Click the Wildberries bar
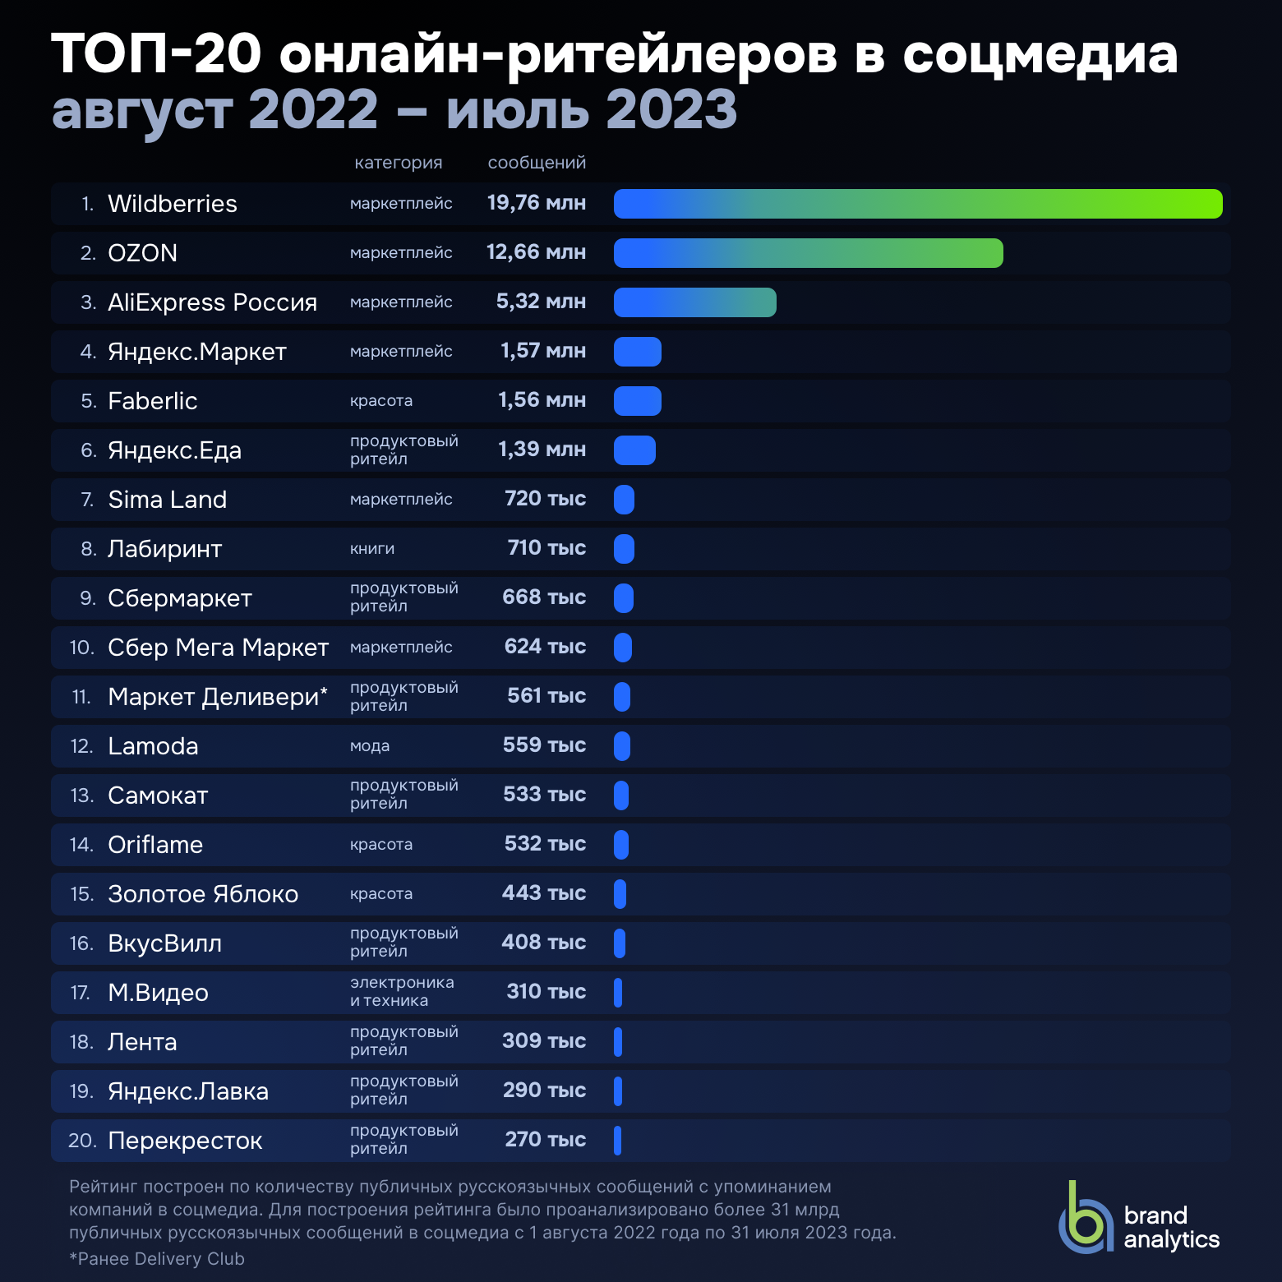pos(917,204)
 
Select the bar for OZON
pos(808,253)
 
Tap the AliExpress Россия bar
pos(694,302)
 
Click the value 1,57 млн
pos(542,351)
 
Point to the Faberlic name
pos(153,401)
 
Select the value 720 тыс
pos(545,499)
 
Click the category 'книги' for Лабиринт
pos(372,549)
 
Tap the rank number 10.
pos(81,648)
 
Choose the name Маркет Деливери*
pos(218,697)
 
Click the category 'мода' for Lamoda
pos(370,746)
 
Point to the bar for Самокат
pos(621,795)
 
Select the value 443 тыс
pos(543,893)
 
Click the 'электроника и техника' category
pos(401,992)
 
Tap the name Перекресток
pos(185,1141)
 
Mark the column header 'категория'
pos(399,163)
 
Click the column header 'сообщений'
pos(537,163)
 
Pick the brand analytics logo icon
pos(1085,1220)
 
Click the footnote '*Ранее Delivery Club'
pos(157,1259)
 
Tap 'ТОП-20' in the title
pos(156,54)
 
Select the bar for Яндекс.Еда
pos(634,450)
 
